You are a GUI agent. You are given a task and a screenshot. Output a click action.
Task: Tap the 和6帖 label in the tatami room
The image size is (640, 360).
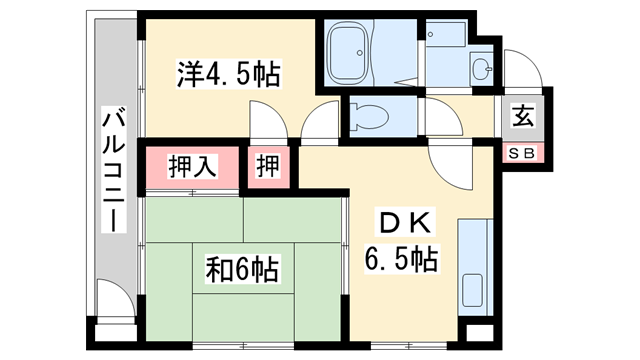coord(243,268)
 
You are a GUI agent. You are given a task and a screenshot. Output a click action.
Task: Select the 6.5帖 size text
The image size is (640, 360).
coord(399,261)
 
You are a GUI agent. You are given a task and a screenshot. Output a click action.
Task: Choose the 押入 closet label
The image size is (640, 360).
coord(192,166)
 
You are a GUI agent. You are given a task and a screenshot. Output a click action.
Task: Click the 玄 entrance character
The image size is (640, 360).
coord(523,116)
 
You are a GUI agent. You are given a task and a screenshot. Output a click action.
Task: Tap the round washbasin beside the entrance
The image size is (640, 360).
coord(482,70)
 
